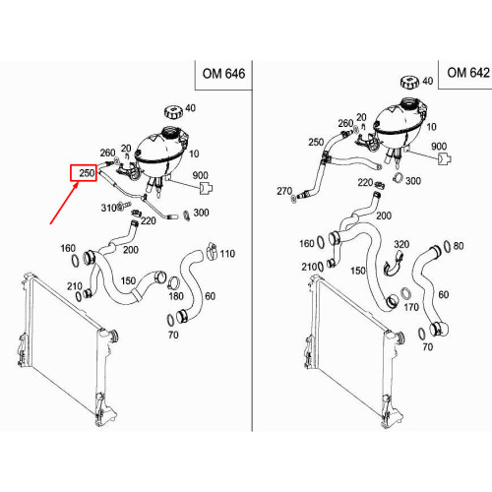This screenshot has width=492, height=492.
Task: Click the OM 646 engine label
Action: pyautogui.click(x=223, y=74)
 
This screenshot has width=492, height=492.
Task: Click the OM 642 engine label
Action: pyautogui.click(x=468, y=73)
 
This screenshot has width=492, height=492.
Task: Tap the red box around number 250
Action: pyautogui.click(x=84, y=173)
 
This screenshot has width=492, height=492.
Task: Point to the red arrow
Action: pyautogui.click(x=64, y=203)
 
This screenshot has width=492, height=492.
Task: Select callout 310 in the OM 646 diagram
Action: pyautogui.click(x=109, y=208)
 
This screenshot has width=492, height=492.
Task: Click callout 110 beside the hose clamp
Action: pyautogui.click(x=227, y=254)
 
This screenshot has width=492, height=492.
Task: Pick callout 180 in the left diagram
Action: pyautogui.click(x=176, y=296)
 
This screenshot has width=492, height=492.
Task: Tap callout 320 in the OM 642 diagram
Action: pyautogui.click(x=401, y=244)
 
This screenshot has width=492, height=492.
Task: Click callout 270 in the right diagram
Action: pyautogui.click(x=284, y=191)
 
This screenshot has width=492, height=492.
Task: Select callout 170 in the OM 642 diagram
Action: pyautogui.click(x=411, y=307)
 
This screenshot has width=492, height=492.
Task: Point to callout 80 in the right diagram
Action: pyautogui.click(x=459, y=246)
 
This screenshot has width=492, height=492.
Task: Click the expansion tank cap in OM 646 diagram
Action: pyautogui.click(x=173, y=112)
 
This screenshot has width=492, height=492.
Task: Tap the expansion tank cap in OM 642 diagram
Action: pyautogui.click(x=410, y=82)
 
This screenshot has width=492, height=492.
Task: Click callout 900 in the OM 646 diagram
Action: pyautogui.click(x=200, y=175)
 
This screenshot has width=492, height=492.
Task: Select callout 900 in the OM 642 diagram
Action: pyautogui.click(x=439, y=147)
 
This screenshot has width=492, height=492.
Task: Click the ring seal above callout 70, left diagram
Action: pyautogui.click(x=171, y=320)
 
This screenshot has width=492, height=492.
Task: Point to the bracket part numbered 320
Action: pyautogui.click(x=394, y=264)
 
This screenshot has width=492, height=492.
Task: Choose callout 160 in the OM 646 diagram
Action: pyautogui.click(x=68, y=248)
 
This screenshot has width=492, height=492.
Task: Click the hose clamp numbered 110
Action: pyautogui.click(x=213, y=251)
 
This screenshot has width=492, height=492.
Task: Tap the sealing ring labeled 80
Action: pyautogui.click(x=447, y=246)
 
